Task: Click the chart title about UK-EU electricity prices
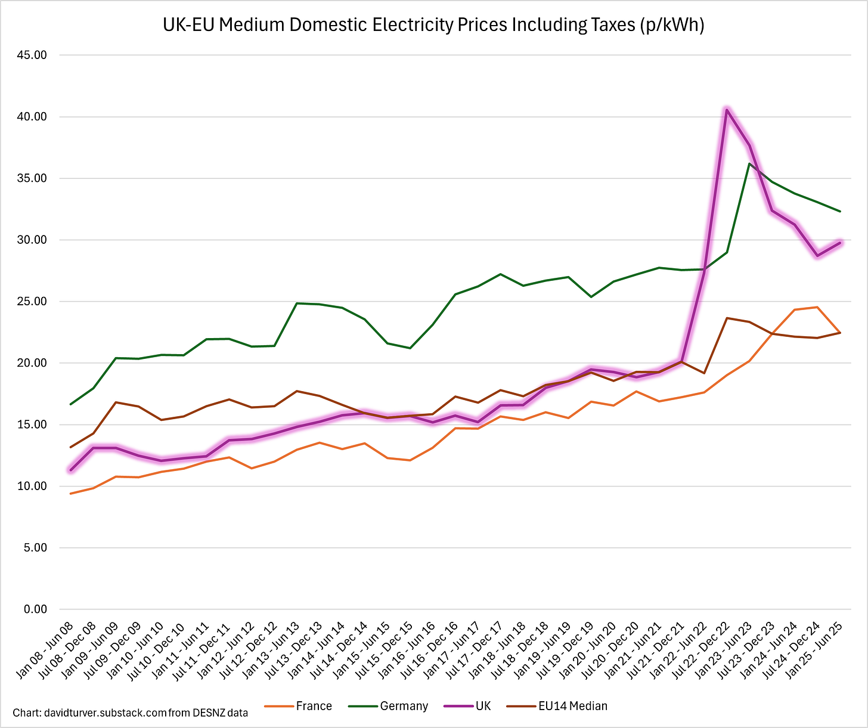pos(433,26)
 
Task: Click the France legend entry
pos(314,706)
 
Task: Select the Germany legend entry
pos(404,706)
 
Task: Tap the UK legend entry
pos(483,706)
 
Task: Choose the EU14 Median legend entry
pos(572,706)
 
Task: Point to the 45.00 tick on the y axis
pos(33,55)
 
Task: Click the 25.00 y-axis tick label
pos(33,302)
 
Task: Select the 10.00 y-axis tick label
pos(33,487)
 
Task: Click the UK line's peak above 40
pos(727,110)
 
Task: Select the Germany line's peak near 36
pos(749,164)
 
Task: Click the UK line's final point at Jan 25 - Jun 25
pos(840,243)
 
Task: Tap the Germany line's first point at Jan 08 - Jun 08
pos(71,404)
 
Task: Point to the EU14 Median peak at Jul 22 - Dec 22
pos(727,318)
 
